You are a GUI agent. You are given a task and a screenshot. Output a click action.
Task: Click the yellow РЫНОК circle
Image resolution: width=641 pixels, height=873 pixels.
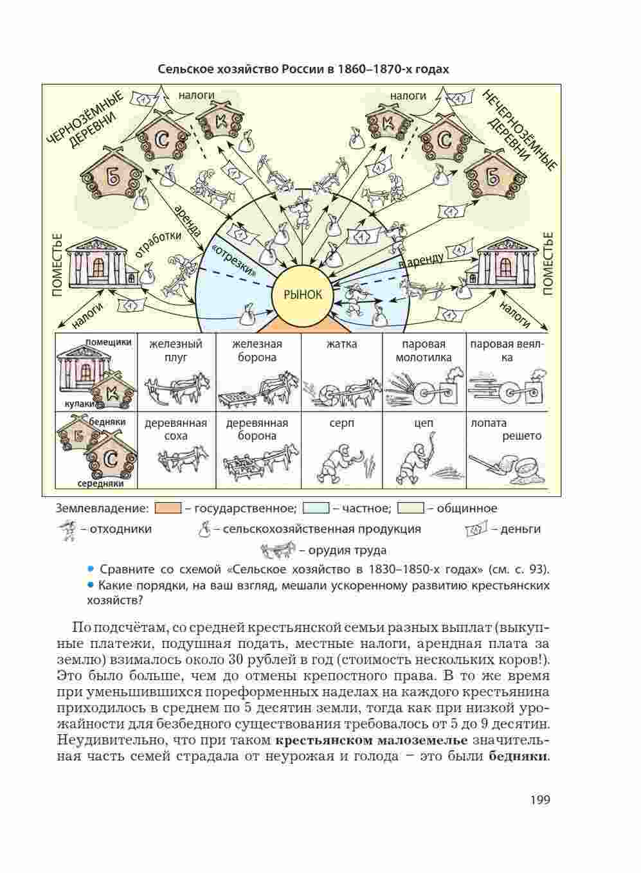point(303,294)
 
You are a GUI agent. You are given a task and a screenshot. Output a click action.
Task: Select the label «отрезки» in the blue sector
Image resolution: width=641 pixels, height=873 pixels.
point(234,260)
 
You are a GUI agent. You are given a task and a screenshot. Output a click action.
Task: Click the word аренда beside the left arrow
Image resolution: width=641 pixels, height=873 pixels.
point(188,221)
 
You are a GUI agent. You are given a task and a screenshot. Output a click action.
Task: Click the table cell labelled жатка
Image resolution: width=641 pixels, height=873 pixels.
point(342,372)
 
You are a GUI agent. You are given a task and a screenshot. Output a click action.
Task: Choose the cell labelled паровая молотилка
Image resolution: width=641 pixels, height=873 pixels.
point(424,372)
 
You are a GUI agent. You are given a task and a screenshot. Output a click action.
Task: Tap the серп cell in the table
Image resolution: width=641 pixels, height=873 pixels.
point(342,450)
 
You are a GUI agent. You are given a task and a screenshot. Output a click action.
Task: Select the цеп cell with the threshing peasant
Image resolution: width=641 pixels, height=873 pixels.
point(424,450)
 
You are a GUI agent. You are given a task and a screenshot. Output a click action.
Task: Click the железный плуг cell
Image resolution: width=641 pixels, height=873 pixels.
point(176,372)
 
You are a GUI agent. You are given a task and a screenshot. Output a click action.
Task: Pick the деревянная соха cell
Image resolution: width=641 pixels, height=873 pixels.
point(176,450)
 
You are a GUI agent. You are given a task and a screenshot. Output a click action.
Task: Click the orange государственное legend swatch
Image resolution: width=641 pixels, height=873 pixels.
point(168,509)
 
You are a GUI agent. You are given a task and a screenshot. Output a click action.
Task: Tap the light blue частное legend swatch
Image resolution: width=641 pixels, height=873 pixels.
point(316,509)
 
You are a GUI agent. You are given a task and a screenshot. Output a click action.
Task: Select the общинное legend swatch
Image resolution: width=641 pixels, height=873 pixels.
point(410,509)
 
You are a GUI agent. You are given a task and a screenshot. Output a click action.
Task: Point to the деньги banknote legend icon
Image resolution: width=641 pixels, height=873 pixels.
point(476,529)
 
